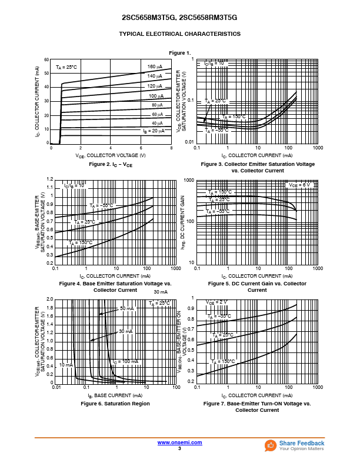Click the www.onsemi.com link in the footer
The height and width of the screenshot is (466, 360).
coord(179,442)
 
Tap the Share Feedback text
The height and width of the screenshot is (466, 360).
coord(302,443)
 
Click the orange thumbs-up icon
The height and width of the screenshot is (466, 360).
coord(271,445)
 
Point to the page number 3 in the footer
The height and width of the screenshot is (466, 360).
coord(179,448)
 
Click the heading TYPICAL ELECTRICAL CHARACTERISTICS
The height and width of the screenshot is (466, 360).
coord(179,34)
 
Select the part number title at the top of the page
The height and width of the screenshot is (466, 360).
coord(179,18)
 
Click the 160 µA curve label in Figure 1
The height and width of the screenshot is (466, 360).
coord(155,66)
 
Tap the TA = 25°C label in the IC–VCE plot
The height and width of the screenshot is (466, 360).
coord(66,68)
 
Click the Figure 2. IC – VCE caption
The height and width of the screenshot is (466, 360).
coord(111,165)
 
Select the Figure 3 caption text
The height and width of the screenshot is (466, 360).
coord(258,167)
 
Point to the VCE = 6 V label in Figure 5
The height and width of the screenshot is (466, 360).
coord(299,185)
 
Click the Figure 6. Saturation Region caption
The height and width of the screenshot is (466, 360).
coord(115,404)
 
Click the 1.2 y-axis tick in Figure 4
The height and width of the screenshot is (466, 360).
coord(50,179)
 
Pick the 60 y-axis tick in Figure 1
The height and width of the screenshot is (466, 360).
coord(46,59)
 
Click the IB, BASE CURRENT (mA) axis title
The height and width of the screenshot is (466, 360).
coord(115,395)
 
